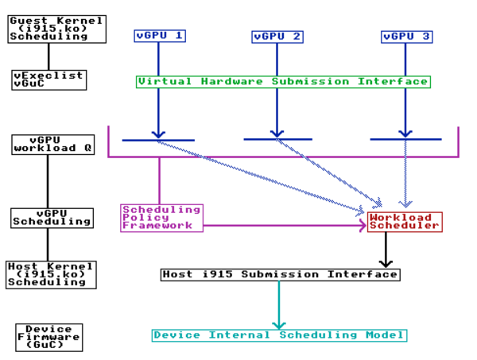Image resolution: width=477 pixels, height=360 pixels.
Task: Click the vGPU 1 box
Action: (x=159, y=36)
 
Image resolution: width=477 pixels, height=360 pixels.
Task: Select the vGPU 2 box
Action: (x=277, y=37)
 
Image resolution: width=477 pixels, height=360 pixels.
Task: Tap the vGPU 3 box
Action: (x=406, y=37)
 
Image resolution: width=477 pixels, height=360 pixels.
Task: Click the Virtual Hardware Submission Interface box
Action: (x=283, y=81)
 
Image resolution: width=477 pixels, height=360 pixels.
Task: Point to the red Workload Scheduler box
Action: (x=404, y=222)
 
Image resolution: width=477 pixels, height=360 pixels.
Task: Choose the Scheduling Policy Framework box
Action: (x=161, y=218)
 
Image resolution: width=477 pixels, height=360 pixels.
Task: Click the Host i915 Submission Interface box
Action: (x=280, y=274)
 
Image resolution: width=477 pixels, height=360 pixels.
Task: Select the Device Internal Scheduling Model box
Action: (x=279, y=335)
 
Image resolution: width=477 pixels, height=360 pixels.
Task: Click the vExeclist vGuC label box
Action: (x=48, y=79)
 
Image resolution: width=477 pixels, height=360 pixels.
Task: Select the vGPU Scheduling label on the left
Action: (x=51, y=218)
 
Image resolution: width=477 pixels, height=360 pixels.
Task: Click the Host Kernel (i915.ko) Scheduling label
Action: (x=51, y=274)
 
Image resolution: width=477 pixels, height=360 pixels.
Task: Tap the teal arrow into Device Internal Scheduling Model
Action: (x=278, y=305)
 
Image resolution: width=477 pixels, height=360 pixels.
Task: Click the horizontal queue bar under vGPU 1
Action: (x=157, y=140)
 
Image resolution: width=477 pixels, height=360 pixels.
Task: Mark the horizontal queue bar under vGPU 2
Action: (x=277, y=139)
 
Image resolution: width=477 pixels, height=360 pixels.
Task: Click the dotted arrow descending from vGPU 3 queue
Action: (x=406, y=175)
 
